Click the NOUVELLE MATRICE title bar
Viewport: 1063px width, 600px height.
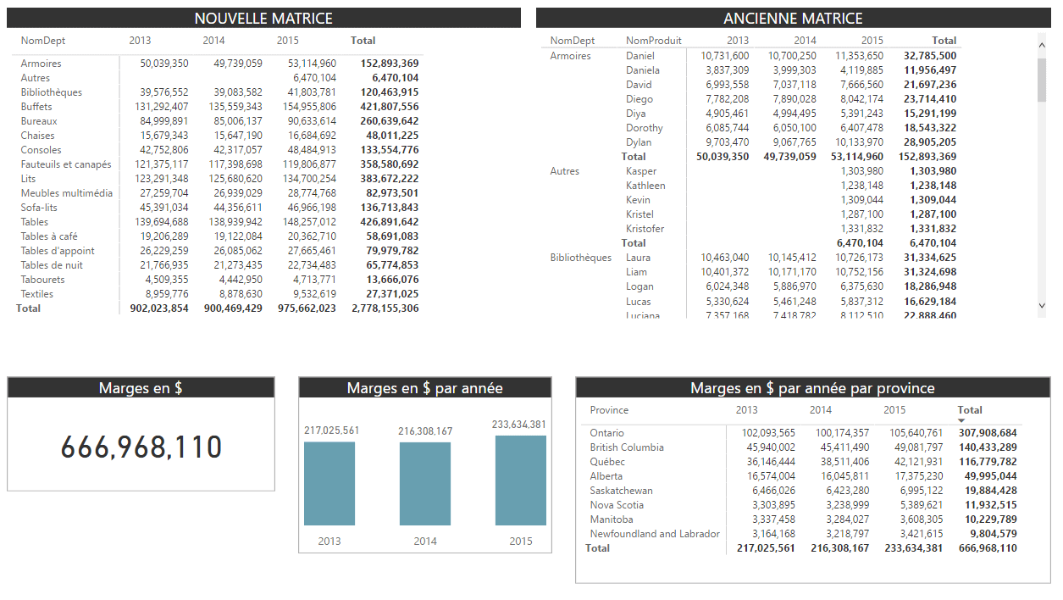click(263, 18)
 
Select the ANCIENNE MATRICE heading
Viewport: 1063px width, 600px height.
click(793, 18)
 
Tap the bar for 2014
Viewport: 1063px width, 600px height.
click(425, 483)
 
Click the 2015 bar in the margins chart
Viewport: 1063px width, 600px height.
click(520, 480)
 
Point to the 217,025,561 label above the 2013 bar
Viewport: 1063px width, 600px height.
click(331, 431)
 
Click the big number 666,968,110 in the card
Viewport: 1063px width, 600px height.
click(141, 447)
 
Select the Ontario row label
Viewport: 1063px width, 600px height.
click(606, 433)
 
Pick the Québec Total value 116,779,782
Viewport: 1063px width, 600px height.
click(988, 462)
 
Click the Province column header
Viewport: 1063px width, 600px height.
click(609, 410)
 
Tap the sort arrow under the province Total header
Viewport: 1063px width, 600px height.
click(961, 420)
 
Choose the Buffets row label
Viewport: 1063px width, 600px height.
click(36, 107)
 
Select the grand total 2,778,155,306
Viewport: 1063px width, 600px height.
click(385, 308)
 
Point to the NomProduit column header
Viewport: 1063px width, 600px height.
click(653, 41)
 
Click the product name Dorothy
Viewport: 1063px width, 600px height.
click(644, 128)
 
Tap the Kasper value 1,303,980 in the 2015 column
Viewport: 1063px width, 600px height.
click(861, 171)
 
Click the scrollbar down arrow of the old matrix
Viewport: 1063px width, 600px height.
click(1042, 305)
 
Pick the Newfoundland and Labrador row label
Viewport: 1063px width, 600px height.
click(655, 534)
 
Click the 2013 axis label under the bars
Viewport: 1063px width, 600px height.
click(329, 541)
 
